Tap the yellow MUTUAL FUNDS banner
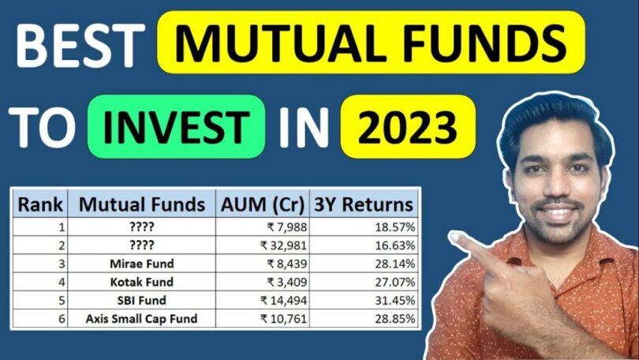click(371, 45)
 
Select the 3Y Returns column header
click(364, 204)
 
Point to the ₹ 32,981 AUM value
click(282, 244)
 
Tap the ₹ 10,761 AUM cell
click(282, 320)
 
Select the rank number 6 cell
click(62, 320)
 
